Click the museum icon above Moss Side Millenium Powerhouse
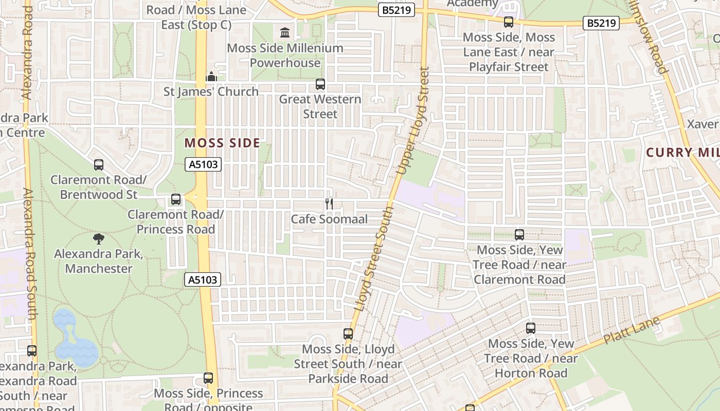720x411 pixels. point(284,33)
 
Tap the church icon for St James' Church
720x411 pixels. point(211,77)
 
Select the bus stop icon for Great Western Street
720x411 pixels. point(320,84)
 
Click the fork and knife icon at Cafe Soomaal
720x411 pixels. point(329,204)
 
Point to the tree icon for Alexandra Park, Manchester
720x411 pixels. point(99,238)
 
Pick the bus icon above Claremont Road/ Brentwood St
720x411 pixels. point(99,165)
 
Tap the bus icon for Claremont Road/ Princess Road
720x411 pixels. point(176,199)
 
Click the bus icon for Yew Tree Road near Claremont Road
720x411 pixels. point(519,235)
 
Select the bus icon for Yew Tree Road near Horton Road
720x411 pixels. point(531,328)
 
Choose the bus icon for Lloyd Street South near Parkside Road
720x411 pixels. point(348,334)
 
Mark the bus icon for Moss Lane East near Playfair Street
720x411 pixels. point(509,22)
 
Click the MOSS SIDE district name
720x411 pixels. point(222,143)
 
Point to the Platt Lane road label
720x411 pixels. point(632,331)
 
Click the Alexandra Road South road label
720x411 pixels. point(30,254)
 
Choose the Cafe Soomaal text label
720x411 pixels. point(329,219)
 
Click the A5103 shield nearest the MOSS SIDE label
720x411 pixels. point(203,164)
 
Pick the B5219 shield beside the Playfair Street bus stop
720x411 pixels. point(601,23)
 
